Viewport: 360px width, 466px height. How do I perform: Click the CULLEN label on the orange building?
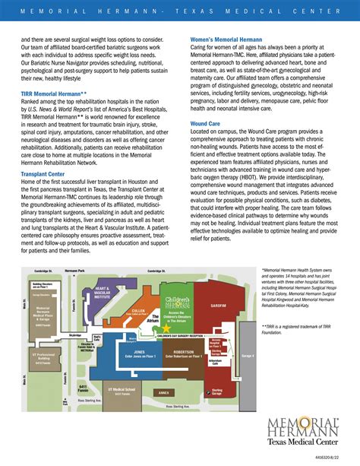(139, 311)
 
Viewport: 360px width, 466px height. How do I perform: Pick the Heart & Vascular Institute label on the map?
(105, 293)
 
